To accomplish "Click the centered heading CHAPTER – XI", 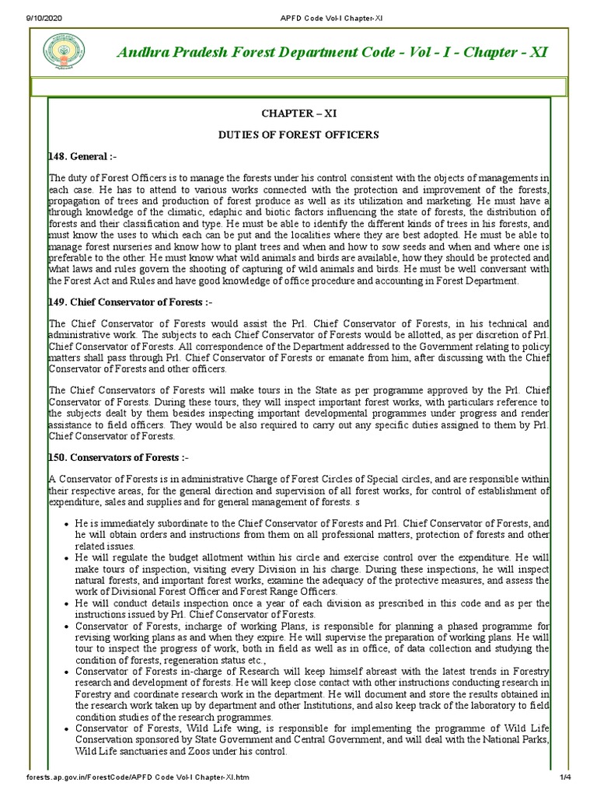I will tap(298, 113).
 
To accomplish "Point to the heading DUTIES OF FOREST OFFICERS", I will tap(298, 134).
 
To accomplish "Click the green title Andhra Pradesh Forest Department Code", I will tap(333, 53).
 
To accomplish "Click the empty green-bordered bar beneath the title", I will tap(298, 86).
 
